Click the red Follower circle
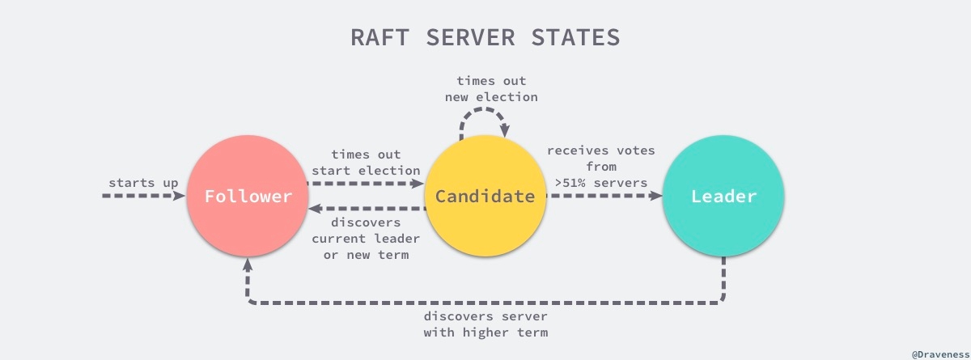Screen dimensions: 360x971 (248, 197)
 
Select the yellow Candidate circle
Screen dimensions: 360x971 (485, 197)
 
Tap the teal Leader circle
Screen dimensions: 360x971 (723, 197)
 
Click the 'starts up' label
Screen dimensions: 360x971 (143, 182)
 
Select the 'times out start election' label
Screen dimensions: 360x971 (366, 162)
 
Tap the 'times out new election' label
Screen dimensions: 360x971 (491, 89)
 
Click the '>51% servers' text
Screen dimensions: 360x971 (600, 182)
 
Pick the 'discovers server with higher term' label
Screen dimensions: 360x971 (485, 324)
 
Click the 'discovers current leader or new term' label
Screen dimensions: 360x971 (366, 239)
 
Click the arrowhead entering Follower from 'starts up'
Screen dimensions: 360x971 (180, 197)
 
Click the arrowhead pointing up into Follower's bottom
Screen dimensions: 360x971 (248, 265)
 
